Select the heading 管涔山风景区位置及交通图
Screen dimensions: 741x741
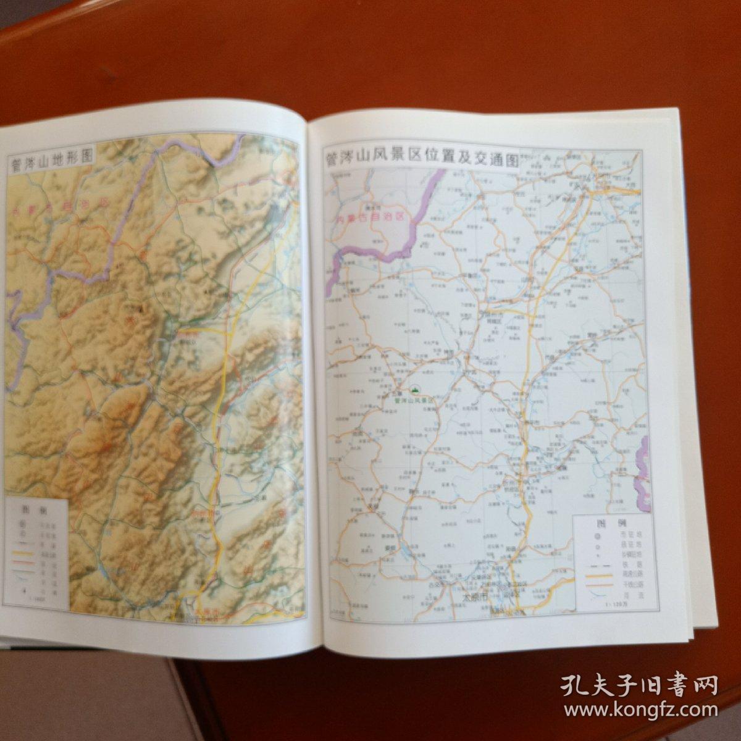(421, 159)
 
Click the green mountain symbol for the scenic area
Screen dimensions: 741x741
(415, 390)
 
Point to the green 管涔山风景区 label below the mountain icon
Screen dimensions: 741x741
(415, 400)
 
